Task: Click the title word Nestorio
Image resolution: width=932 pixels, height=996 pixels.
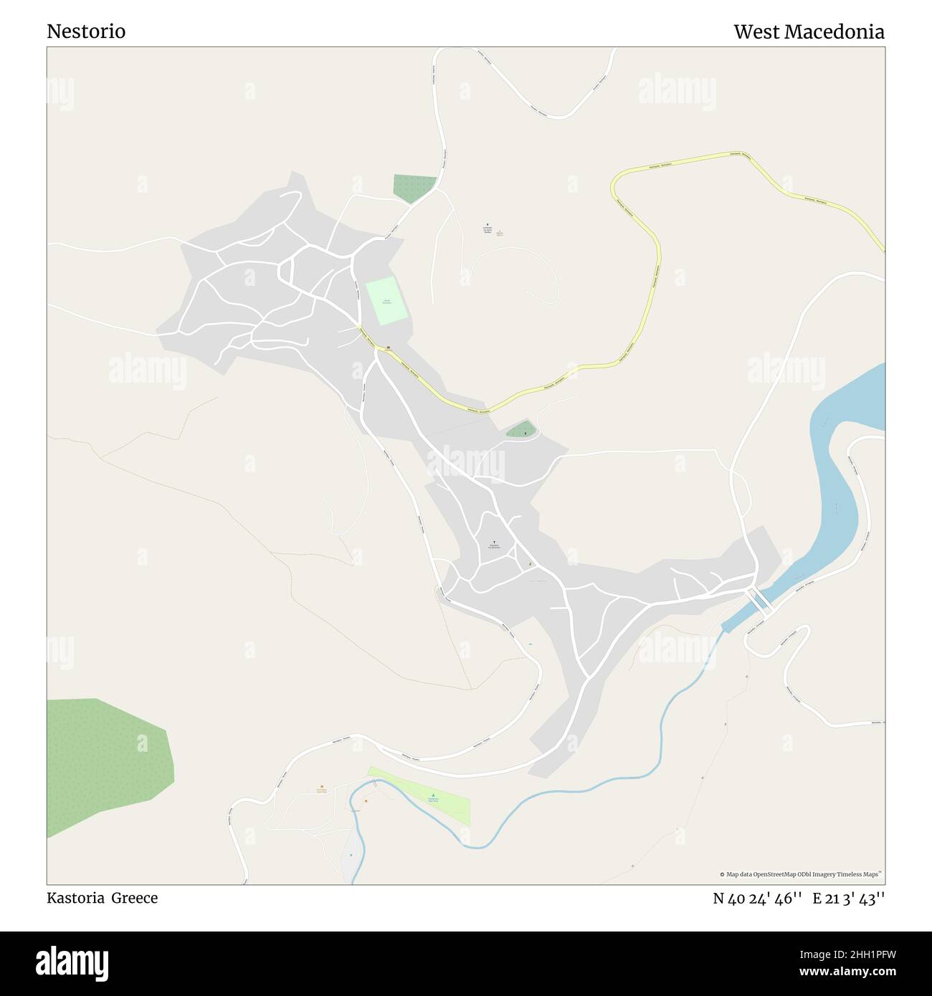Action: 86,32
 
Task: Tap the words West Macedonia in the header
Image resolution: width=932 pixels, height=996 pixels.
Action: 809,32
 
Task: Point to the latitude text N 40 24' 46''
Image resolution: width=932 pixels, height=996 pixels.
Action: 757,899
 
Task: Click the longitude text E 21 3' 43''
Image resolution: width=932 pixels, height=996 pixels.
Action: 849,899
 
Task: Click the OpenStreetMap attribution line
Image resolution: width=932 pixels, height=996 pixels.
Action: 801,874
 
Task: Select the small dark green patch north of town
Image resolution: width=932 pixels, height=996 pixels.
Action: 413,188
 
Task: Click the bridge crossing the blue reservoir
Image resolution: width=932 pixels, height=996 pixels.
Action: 759,600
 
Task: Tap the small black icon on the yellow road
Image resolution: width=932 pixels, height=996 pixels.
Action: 388,348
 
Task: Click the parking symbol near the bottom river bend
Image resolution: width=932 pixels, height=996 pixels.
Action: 351,855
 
